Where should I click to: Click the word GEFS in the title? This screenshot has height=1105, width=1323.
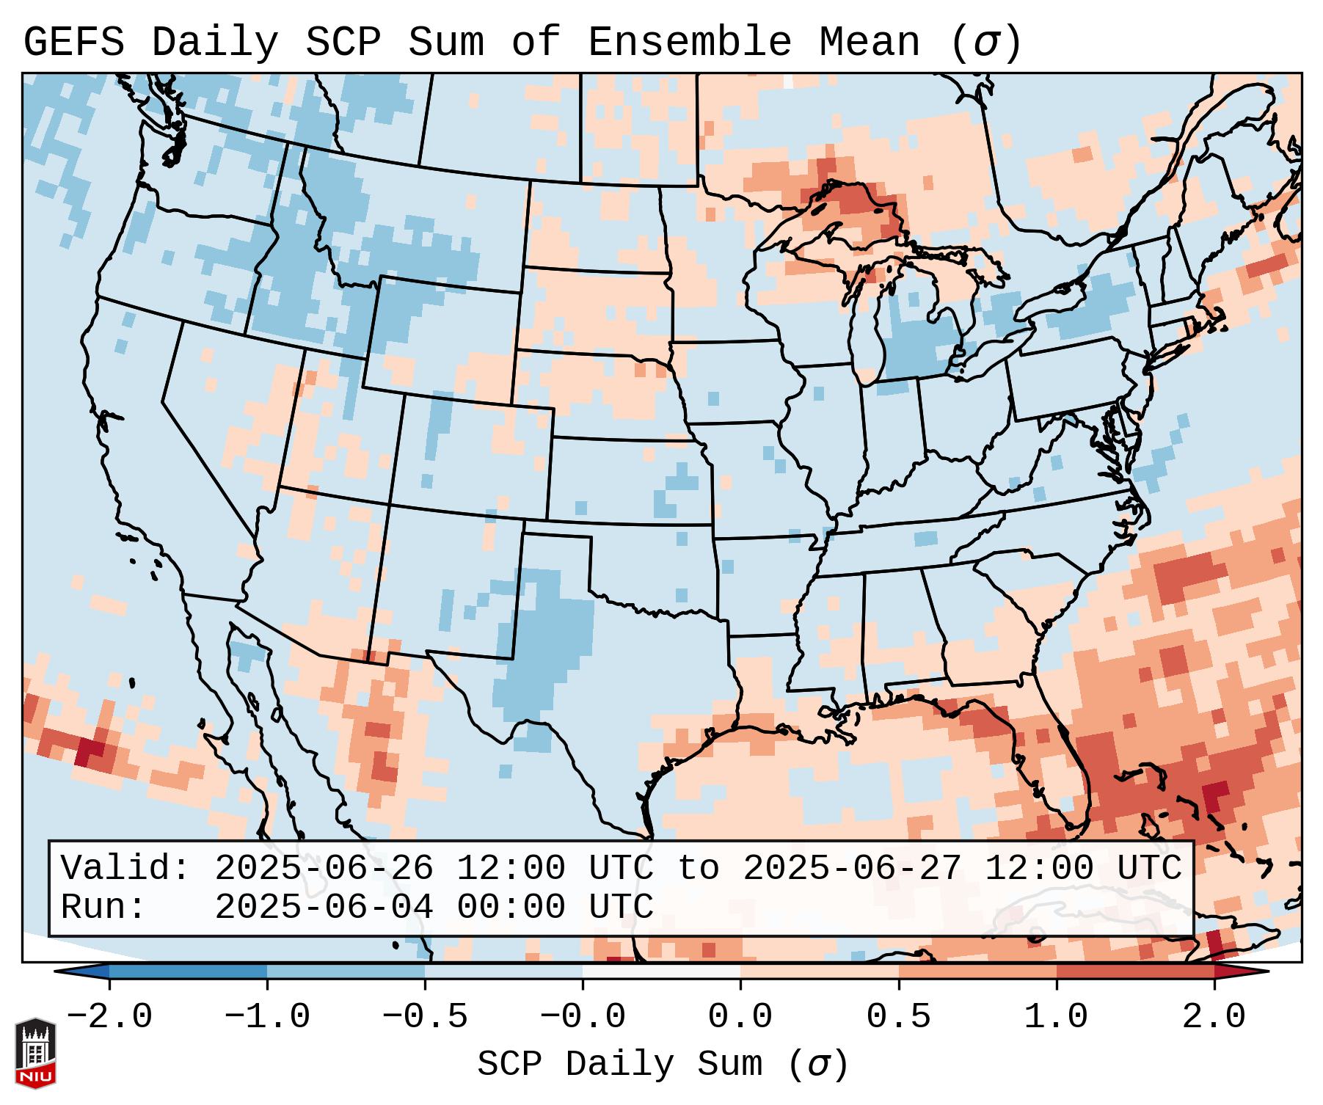[73, 43]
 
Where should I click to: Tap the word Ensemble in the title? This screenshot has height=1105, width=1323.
[690, 43]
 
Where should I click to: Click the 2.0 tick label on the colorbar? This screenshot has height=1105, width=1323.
[1214, 1017]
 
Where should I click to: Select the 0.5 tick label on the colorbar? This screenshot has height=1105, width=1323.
[898, 1017]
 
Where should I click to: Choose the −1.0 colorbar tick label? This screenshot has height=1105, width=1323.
[266, 1017]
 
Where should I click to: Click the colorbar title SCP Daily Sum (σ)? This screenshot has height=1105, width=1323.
[663, 1064]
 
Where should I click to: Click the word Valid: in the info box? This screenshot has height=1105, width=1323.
[125, 868]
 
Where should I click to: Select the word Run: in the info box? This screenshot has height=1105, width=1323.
[103, 907]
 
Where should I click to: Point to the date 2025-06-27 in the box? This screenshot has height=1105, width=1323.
[851, 868]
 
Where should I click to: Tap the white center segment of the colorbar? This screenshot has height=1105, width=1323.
[661, 971]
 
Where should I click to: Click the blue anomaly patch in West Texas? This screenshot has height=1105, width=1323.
[547, 638]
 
